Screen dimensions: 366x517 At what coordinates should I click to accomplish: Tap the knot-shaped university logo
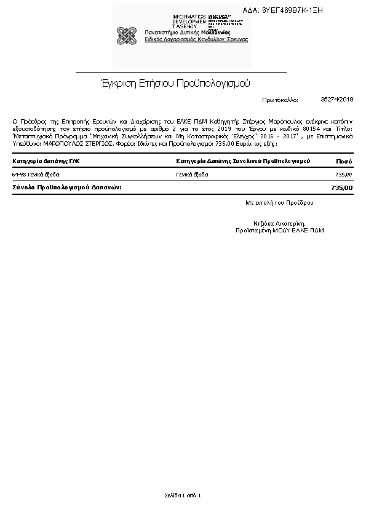[x=126, y=36]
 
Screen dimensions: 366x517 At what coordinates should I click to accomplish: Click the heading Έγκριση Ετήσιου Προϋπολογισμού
[x=175, y=83]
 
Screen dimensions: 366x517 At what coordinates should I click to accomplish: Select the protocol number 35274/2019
[x=337, y=99]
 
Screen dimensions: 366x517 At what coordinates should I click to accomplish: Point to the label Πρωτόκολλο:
[x=280, y=100]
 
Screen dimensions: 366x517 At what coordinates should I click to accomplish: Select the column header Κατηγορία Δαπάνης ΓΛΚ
[x=46, y=161]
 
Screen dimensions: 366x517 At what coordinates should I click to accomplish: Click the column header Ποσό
[x=344, y=161]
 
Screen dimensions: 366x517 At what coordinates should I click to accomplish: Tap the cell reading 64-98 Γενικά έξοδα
[x=36, y=175]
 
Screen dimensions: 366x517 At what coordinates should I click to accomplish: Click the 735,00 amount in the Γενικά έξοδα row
[x=343, y=175]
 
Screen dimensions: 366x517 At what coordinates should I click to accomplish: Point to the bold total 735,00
[x=341, y=187]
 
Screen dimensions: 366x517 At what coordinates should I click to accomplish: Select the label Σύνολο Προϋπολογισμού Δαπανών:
[x=67, y=186]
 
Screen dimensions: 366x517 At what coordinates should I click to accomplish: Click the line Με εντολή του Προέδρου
[x=279, y=202]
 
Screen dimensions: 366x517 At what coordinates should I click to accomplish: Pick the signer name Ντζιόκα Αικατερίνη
[x=279, y=223]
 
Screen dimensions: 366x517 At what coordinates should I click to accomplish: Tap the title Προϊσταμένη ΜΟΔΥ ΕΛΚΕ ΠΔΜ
[x=279, y=231]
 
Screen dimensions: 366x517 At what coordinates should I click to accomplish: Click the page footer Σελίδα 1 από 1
[x=183, y=495]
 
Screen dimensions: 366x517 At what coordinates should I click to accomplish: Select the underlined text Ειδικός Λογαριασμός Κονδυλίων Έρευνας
[x=196, y=39]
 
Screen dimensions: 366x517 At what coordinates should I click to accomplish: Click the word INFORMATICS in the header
[x=189, y=16]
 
